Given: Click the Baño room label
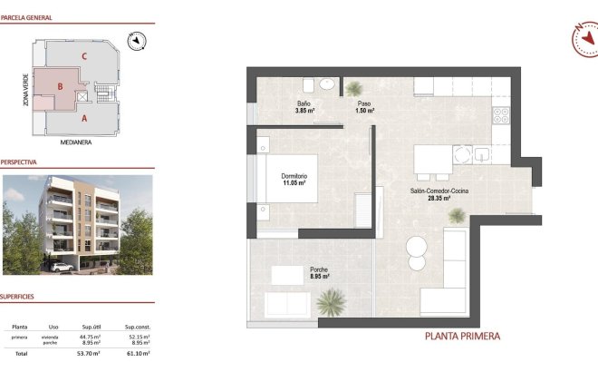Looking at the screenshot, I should pos(304,108).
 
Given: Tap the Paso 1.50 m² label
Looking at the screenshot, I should pos(364,108).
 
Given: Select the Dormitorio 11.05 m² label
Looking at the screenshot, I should pos(294,179).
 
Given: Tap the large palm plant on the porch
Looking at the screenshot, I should pos(334,301).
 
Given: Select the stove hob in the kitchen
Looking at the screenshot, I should pos(500,115).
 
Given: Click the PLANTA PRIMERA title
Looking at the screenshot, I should pos(462,336).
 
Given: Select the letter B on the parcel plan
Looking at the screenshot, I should pos(60,86).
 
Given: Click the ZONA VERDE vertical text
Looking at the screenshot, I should pos(15,92).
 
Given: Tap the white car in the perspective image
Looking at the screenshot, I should pos(62,268).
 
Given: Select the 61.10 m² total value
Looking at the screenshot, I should pos(138,353).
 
